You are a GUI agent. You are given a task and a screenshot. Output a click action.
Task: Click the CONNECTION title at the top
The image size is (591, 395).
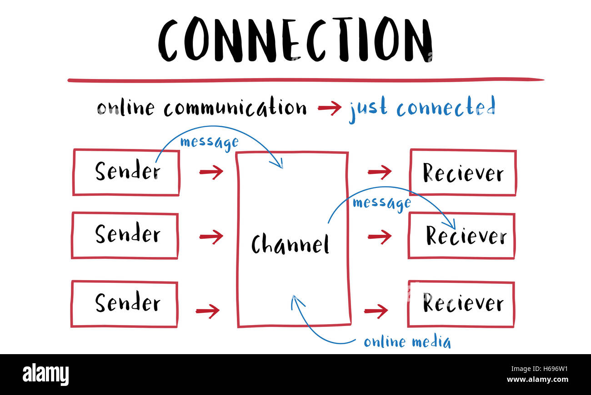point(295,40)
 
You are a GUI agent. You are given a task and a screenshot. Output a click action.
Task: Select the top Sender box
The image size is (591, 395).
point(126,173)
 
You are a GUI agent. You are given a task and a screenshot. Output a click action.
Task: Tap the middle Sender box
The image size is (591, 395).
point(125,235)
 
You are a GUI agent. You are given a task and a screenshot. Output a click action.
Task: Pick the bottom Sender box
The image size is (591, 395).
point(124,304)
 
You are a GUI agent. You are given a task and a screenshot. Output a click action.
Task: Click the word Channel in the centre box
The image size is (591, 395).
point(290,244)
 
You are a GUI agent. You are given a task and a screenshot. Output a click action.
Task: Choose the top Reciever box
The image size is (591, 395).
point(463,173)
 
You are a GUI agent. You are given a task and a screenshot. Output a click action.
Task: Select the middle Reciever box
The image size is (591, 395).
point(461,236)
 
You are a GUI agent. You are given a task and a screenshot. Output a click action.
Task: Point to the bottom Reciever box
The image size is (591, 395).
point(461,304)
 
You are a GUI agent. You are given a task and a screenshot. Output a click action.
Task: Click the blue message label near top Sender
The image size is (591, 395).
point(209,142)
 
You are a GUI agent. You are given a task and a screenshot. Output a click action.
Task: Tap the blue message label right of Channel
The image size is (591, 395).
point(381,202)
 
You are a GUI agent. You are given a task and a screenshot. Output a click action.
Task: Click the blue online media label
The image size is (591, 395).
point(407,342)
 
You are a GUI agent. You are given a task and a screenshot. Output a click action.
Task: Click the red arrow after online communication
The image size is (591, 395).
point(329,108)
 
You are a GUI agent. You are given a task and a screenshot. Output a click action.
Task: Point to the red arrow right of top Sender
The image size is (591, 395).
point(211,172)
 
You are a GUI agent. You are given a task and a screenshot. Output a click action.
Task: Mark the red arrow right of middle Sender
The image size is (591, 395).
point(211,236)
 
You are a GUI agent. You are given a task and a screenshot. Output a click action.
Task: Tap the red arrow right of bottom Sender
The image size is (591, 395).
point(208,311)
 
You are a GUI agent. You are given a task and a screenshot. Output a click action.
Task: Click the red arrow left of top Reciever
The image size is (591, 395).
point(380,172)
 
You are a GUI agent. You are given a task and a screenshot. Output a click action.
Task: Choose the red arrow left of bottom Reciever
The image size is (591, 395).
point(376,311)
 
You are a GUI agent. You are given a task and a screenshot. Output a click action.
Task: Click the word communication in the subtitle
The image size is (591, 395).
point(235,109)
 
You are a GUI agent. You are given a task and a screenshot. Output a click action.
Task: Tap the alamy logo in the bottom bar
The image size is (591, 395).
point(45,375)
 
